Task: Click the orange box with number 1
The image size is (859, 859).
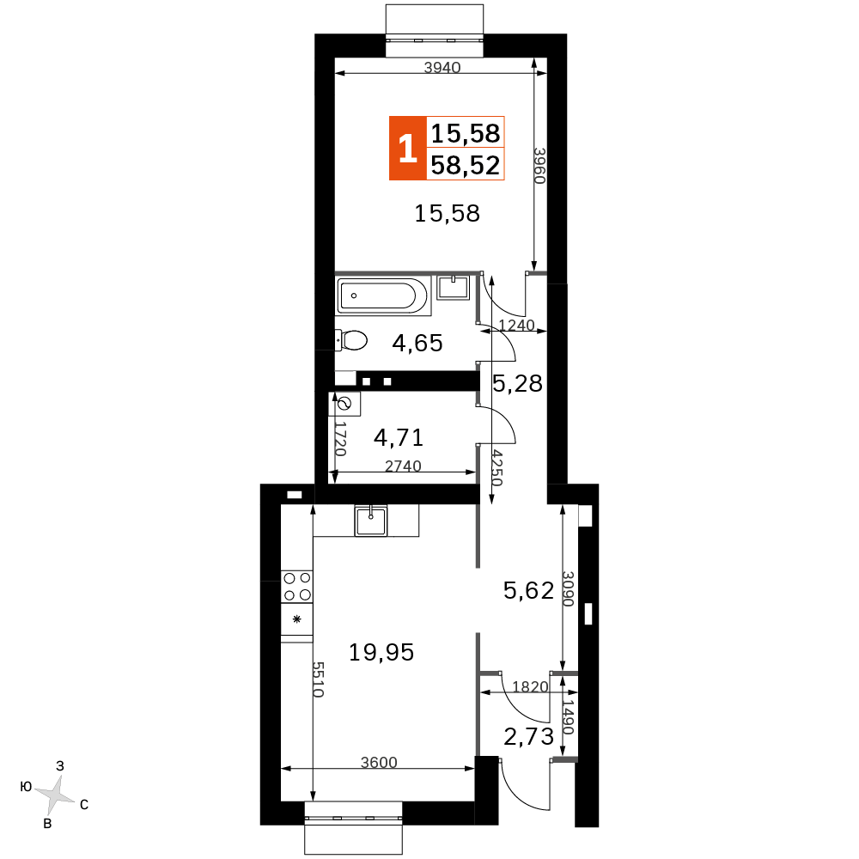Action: click(407, 148)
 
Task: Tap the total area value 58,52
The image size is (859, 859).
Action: click(465, 165)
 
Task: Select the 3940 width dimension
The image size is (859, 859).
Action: click(442, 67)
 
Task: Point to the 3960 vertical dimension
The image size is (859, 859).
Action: click(539, 166)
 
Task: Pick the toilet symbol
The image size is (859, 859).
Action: click(351, 340)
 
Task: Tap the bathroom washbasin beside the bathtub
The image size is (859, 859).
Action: click(453, 288)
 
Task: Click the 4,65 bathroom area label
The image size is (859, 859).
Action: click(417, 343)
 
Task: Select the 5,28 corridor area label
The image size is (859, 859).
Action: click(517, 383)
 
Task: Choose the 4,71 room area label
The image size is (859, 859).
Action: click(399, 437)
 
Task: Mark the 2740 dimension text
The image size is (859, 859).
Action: click(403, 466)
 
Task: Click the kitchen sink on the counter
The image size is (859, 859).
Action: click(371, 521)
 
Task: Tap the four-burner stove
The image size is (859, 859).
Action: click(297, 587)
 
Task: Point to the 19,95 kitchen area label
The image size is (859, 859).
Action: click(381, 652)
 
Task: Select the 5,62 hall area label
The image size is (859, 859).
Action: click(528, 591)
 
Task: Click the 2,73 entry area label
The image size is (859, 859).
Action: click(528, 737)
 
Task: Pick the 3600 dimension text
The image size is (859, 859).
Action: click(379, 762)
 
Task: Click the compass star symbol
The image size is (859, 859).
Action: click(53, 793)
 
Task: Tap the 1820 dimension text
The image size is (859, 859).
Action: click(530, 686)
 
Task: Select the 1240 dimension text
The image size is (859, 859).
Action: click(516, 325)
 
